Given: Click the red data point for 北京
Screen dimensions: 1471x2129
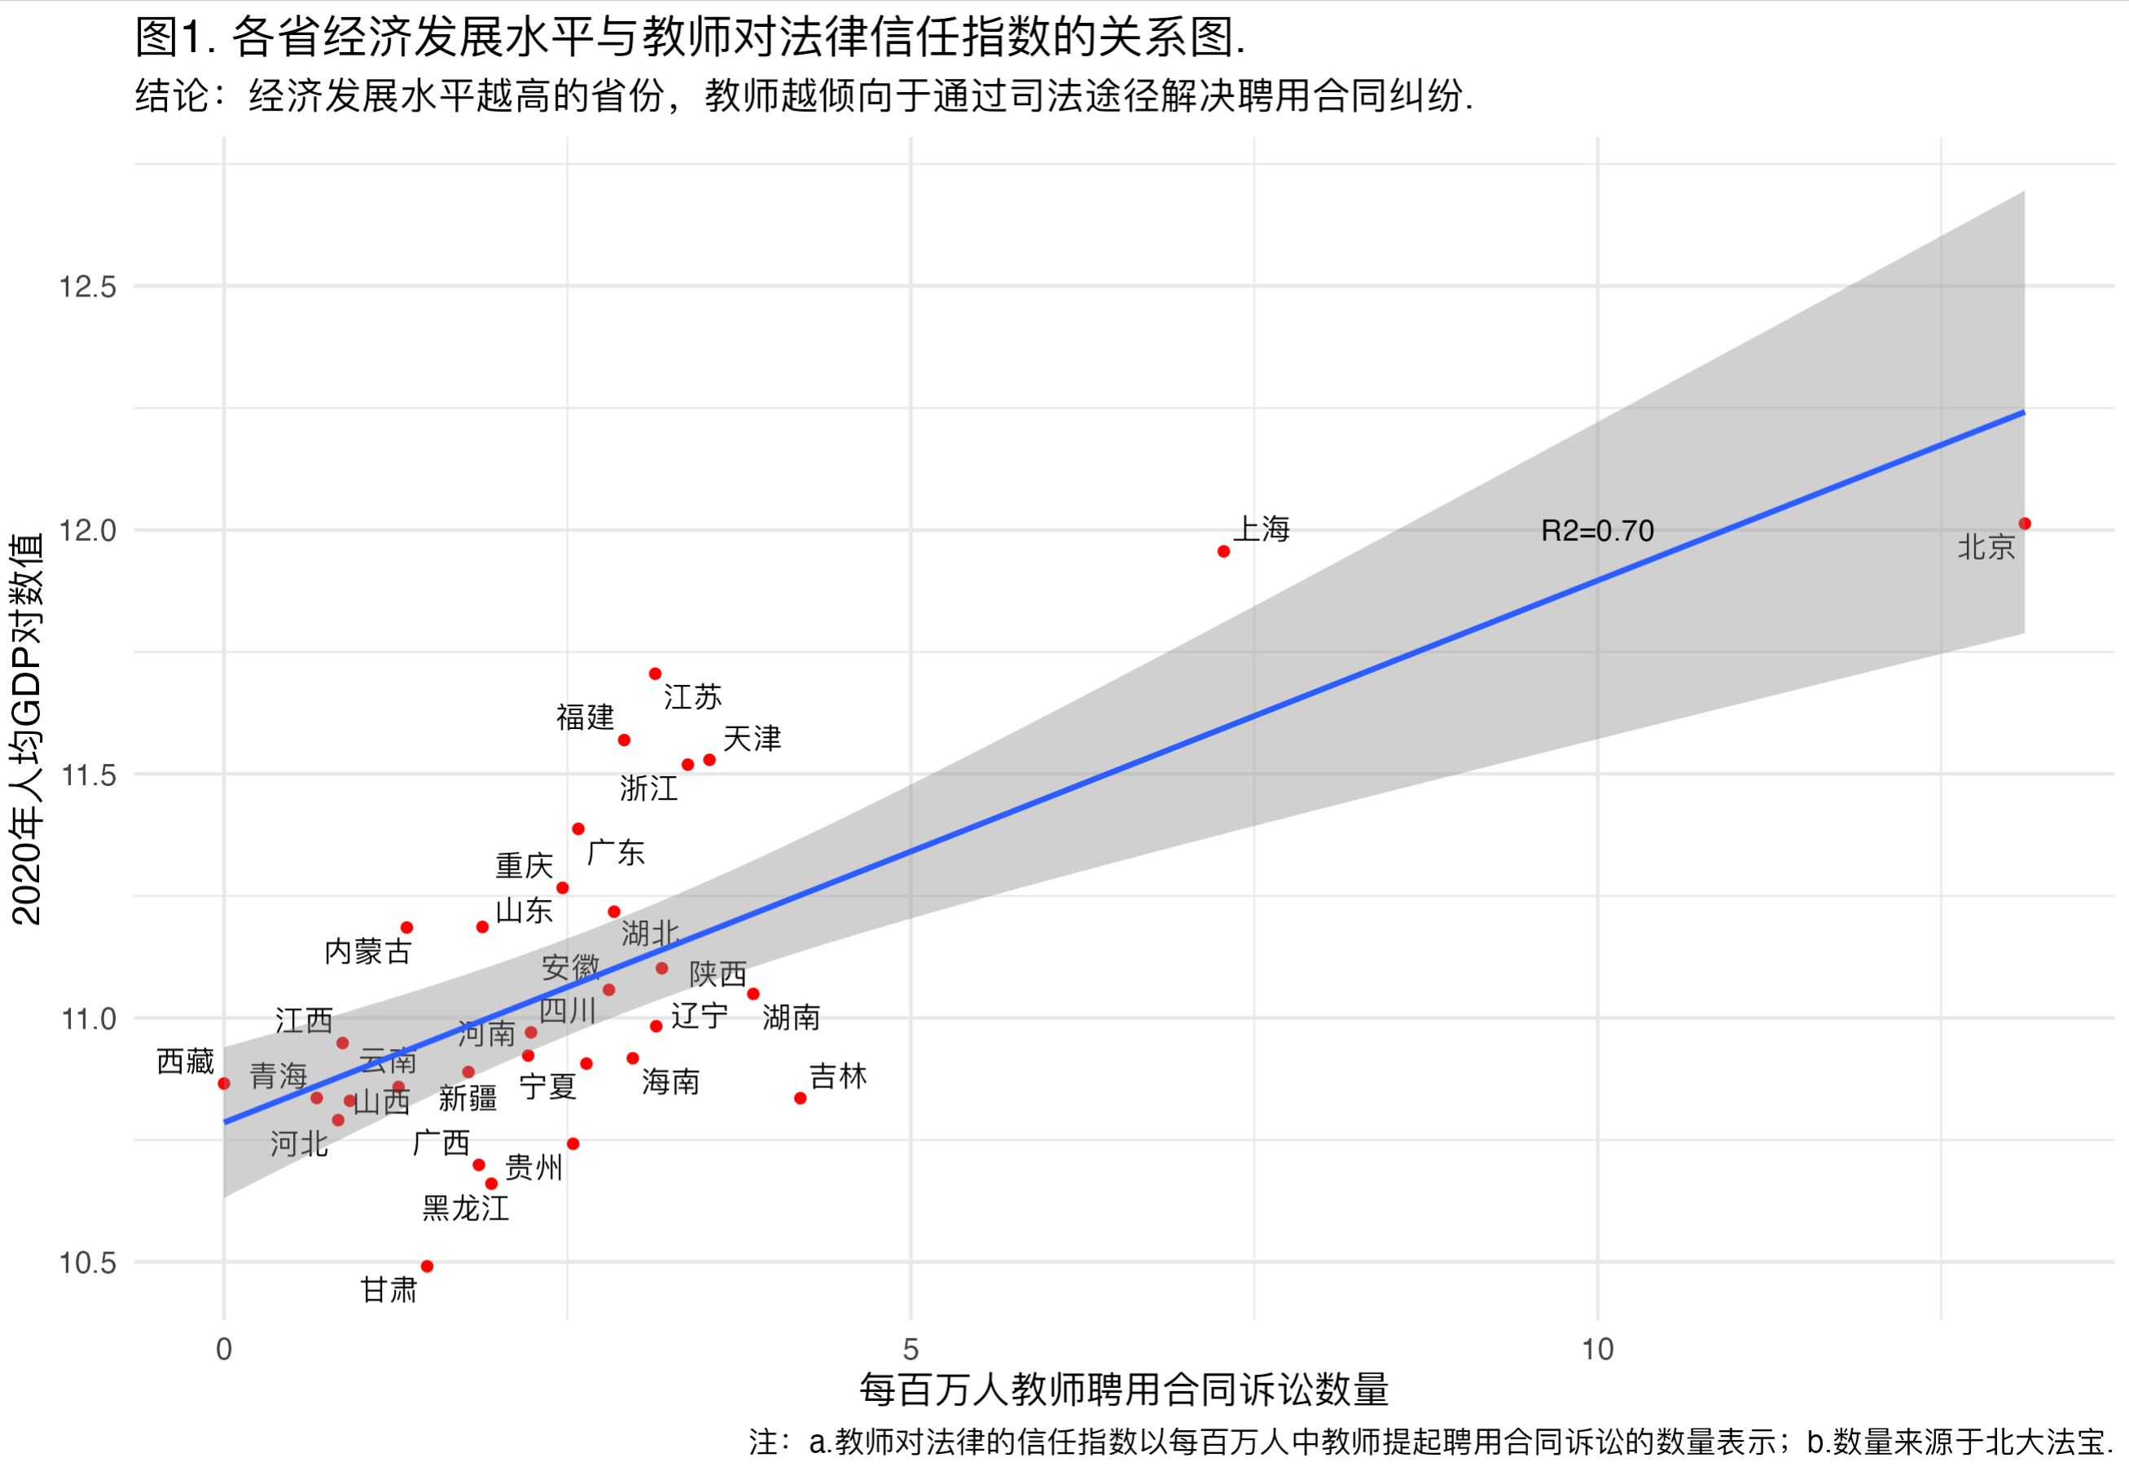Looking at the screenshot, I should (x=2024, y=524).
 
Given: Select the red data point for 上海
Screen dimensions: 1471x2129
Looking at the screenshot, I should (x=1223, y=551).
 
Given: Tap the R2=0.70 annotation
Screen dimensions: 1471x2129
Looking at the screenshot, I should (x=1597, y=531).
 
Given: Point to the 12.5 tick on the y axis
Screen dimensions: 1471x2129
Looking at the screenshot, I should (x=88, y=287).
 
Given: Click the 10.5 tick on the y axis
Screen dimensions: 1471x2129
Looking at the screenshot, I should (x=88, y=1262).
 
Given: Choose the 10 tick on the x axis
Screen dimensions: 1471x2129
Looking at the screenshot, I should (x=1597, y=1350).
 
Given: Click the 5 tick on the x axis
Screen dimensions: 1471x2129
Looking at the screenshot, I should (x=911, y=1350).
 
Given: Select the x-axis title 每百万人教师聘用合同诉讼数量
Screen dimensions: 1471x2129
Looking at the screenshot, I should (x=1123, y=1390).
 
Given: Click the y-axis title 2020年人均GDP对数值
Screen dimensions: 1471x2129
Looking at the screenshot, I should (x=26, y=728).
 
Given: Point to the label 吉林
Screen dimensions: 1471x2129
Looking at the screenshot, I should (x=838, y=1077).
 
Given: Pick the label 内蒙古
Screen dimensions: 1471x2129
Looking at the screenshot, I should (x=368, y=951).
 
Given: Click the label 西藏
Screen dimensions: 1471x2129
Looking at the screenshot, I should (x=185, y=1062).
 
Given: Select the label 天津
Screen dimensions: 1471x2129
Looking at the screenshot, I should (x=752, y=738).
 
